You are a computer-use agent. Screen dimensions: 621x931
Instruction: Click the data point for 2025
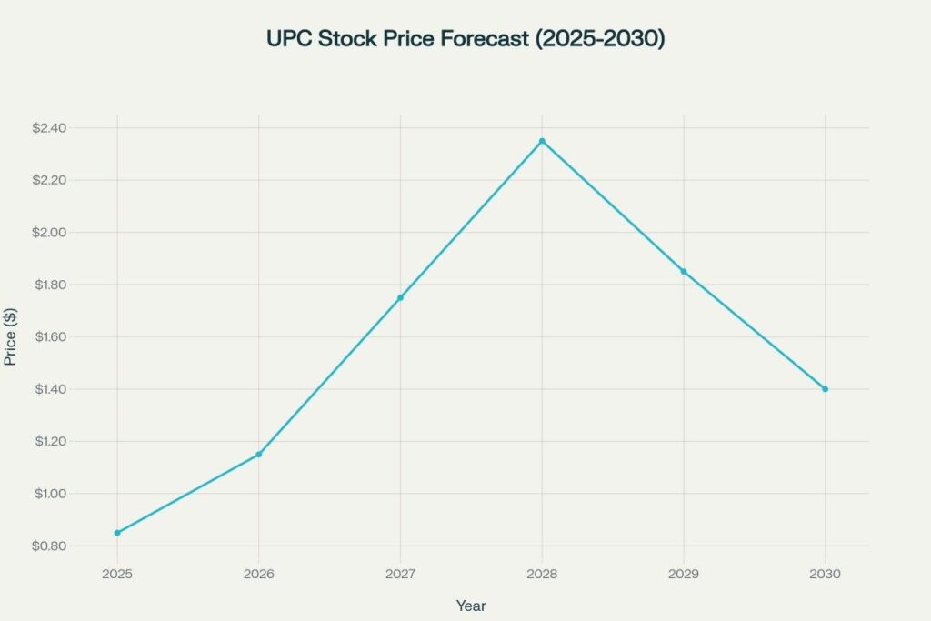coord(117,533)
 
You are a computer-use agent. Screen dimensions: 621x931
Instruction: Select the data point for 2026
coord(259,454)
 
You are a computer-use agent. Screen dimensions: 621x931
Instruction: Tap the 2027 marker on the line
coord(400,297)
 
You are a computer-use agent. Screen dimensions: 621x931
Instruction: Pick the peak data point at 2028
coord(542,141)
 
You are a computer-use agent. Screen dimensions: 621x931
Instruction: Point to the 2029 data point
coord(684,272)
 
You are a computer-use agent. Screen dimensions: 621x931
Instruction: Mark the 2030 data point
coord(825,389)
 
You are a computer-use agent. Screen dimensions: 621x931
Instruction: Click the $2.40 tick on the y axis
coord(49,128)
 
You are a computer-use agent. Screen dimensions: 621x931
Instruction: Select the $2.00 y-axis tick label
coord(49,233)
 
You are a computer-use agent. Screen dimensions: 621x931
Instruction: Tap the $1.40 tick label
coord(49,389)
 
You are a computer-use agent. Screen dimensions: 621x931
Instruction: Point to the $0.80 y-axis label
coord(49,546)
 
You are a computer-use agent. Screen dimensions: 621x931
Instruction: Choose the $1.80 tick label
coord(49,285)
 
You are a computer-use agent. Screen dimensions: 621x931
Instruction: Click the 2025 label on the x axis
coord(117,575)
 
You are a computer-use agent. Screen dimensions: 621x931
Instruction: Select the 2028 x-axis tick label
coord(542,575)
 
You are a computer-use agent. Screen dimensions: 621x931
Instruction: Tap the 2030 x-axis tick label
coord(825,575)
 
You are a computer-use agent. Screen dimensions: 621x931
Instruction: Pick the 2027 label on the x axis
coord(400,575)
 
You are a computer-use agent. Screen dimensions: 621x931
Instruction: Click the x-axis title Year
coord(471,605)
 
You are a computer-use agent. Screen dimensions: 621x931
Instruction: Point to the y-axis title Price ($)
coord(11,337)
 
